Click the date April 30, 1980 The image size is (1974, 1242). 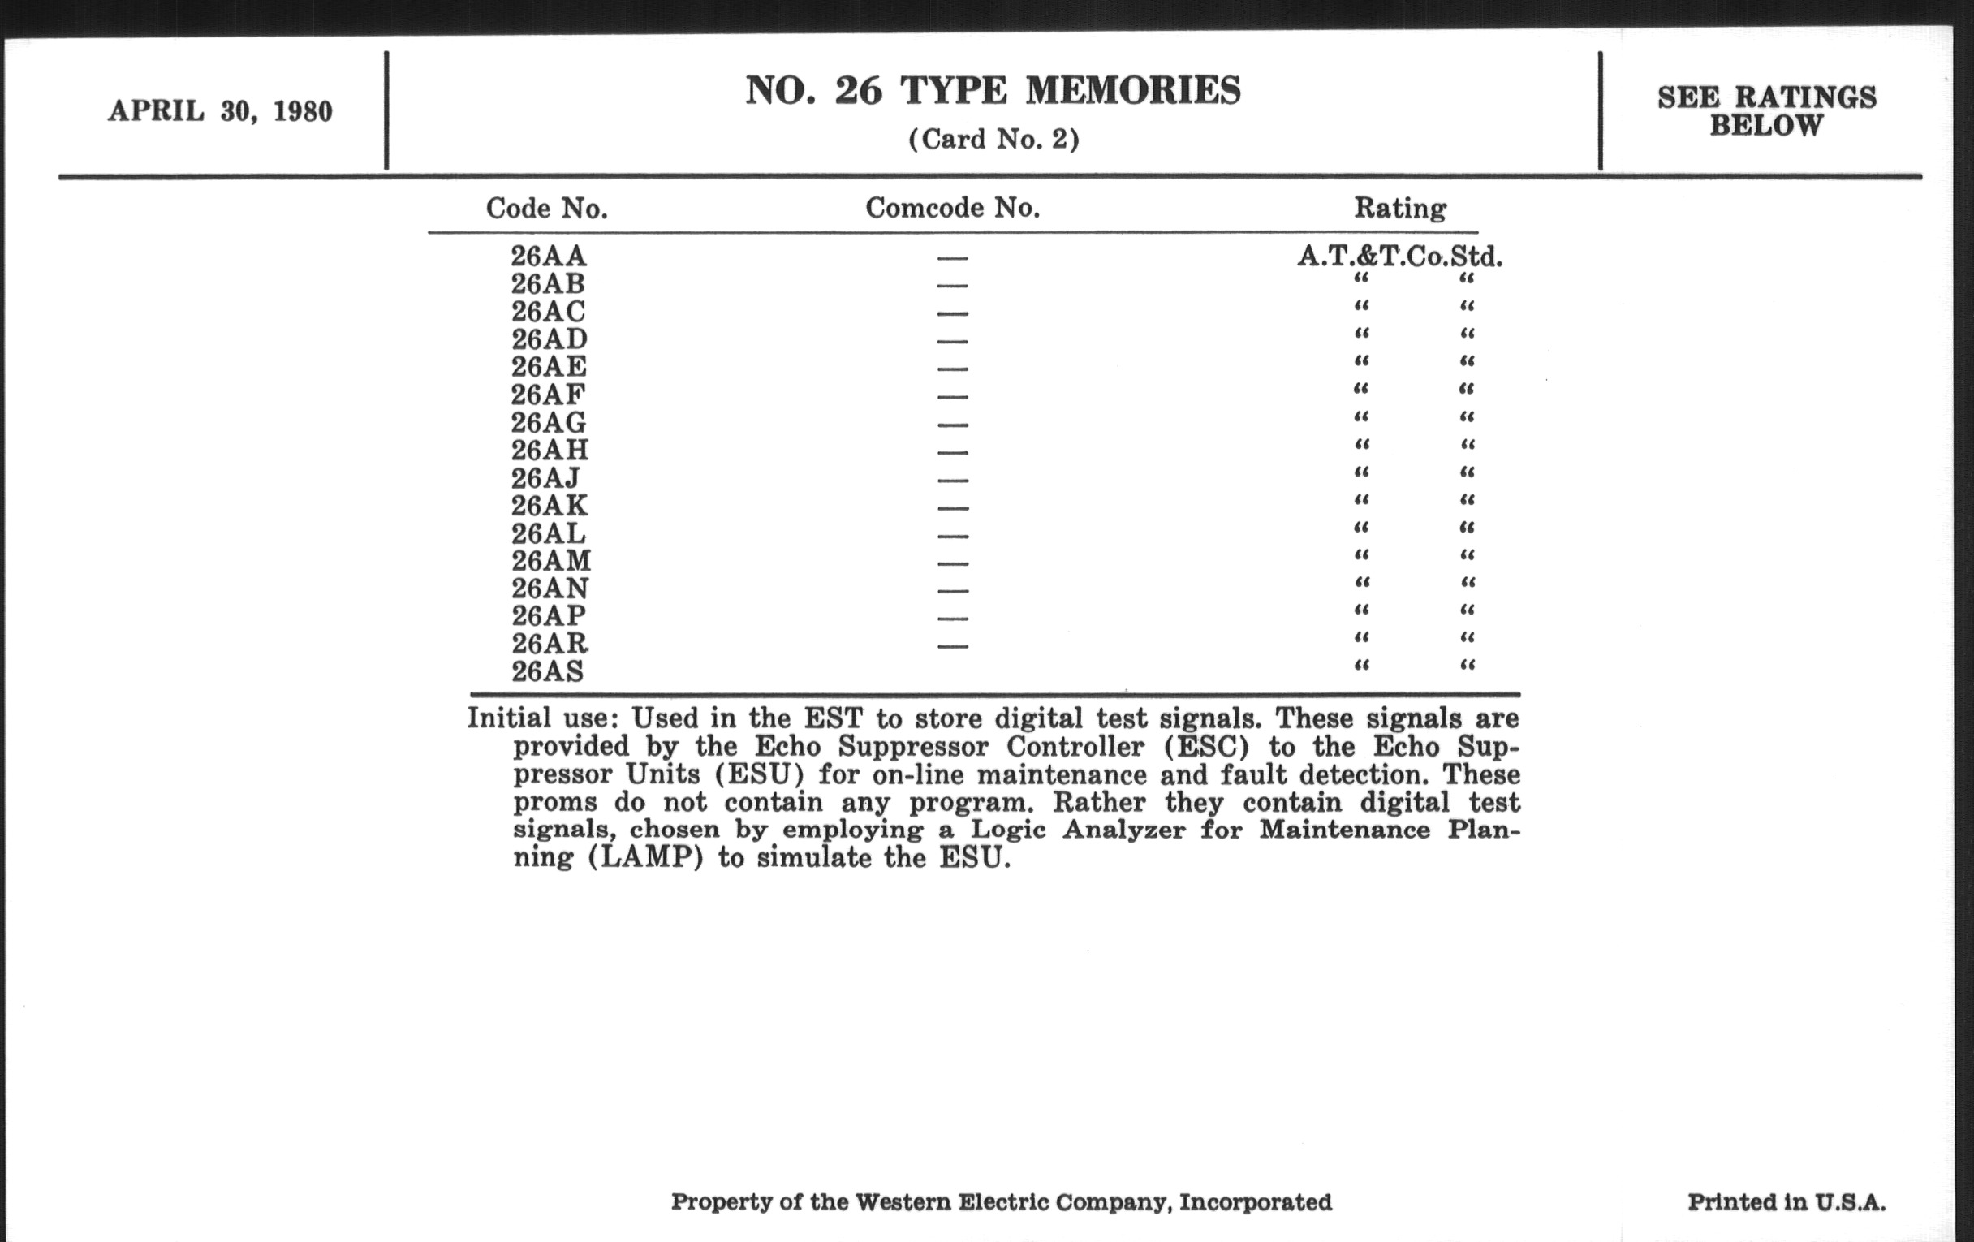pyautogui.click(x=220, y=111)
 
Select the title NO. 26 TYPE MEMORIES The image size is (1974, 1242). pyautogui.click(x=993, y=90)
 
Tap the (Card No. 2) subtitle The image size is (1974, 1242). pyautogui.click(x=993, y=140)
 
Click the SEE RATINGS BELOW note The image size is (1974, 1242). pyautogui.click(x=1766, y=111)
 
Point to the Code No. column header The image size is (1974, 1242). pyautogui.click(x=547, y=209)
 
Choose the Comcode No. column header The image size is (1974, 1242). pyautogui.click(x=953, y=209)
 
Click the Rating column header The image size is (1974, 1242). pyautogui.click(x=1399, y=209)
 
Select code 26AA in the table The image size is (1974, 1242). pyautogui.click(x=549, y=257)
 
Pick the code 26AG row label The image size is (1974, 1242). pyautogui.click(x=549, y=423)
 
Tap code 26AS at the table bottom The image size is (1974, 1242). pyautogui.click(x=548, y=672)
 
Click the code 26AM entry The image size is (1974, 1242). pyautogui.click(x=551, y=562)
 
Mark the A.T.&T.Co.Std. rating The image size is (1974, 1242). pyautogui.click(x=1399, y=257)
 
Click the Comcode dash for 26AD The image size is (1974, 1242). pyautogui.click(x=953, y=342)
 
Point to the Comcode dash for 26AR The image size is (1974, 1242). pyautogui.click(x=953, y=646)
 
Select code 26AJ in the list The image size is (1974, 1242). pyautogui.click(x=545, y=478)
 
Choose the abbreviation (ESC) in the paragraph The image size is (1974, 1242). pyautogui.click(x=1205, y=747)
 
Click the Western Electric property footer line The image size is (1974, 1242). pyautogui.click(x=1001, y=1203)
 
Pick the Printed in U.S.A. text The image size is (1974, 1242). pyautogui.click(x=1787, y=1203)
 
